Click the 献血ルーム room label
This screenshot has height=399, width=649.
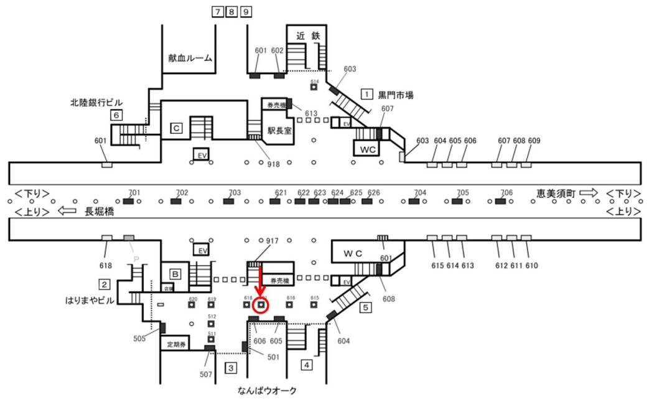point(190,58)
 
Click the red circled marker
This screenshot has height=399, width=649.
point(261,306)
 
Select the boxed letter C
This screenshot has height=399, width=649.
point(177,128)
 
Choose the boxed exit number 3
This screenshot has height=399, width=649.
point(231,368)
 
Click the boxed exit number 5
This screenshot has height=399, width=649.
point(366,307)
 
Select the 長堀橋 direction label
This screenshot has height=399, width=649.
point(100,212)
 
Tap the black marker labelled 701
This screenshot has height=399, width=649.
point(129,201)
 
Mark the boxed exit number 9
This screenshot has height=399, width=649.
point(246,12)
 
